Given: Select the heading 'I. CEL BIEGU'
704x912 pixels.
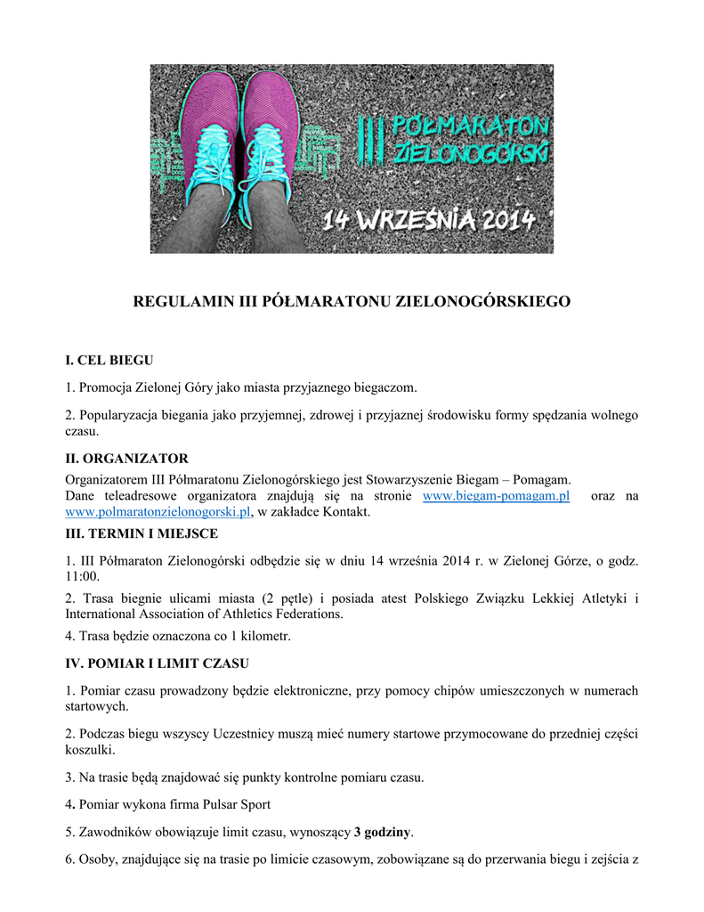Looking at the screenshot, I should point(109,361).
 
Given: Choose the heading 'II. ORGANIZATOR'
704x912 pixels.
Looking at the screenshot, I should point(126,459).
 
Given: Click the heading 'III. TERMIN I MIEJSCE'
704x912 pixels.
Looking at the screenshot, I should point(142,533).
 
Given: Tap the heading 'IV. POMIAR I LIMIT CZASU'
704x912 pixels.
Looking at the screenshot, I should point(157,664).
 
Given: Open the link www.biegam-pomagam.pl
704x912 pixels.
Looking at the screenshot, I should point(496,496).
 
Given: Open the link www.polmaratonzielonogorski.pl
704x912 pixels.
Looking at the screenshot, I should point(158,512).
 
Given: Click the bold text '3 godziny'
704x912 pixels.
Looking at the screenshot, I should point(383,833).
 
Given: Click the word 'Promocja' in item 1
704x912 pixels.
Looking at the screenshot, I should point(106,387).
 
